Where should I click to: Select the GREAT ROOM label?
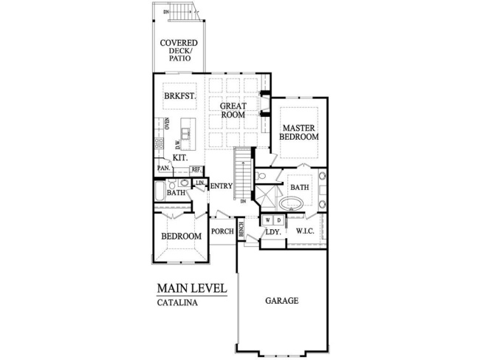[x=233, y=110]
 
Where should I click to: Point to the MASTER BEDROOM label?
[x=299, y=132]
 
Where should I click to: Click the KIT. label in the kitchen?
[x=179, y=157]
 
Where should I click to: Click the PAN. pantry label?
[x=163, y=169]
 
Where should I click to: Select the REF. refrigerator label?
[x=196, y=169]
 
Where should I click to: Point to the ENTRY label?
[x=222, y=186]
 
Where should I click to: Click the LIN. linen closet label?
[x=199, y=182]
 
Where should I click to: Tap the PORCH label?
[x=222, y=231]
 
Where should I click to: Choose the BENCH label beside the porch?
[x=241, y=230]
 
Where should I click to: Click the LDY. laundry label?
[x=272, y=232]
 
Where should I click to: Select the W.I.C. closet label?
[x=306, y=231]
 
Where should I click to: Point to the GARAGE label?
[x=281, y=301]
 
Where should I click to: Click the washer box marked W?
[x=268, y=220]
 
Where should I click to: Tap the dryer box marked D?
[x=278, y=220]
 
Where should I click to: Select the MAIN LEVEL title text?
[x=191, y=288]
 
